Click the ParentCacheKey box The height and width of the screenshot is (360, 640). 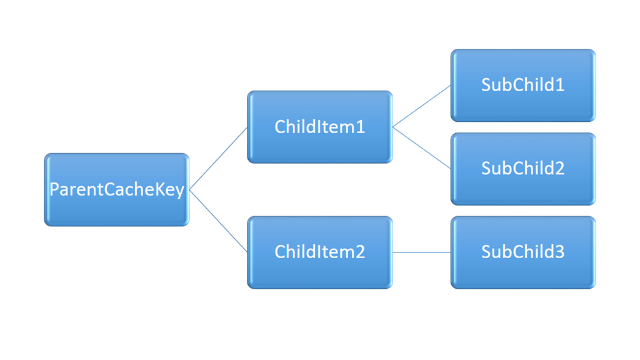point(117,190)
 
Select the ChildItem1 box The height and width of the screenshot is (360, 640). point(320,127)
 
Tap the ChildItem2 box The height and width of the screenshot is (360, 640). point(320,252)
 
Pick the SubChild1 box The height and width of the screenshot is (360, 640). point(523,85)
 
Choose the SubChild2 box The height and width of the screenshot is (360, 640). point(523,169)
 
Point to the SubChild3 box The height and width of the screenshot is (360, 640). point(523,252)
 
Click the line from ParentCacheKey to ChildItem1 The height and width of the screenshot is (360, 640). point(218,159)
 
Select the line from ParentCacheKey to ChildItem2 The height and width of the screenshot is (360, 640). point(218,221)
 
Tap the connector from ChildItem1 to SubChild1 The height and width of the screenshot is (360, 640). point(422,106)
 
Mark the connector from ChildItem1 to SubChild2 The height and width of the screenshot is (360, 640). point(422,147)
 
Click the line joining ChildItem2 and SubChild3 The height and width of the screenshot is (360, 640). point(422,252)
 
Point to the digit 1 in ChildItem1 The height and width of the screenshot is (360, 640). point(360,127)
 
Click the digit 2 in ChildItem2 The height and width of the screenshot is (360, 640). point(360,252)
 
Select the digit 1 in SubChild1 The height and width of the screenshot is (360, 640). point(559,85)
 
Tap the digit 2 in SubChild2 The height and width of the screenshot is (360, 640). point(559,168)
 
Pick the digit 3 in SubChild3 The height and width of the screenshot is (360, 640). point(559,252)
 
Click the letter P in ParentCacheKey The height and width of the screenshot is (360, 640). point(54,189)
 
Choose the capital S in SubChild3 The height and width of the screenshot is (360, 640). point(486,252)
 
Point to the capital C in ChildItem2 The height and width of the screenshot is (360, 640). point(281,252)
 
